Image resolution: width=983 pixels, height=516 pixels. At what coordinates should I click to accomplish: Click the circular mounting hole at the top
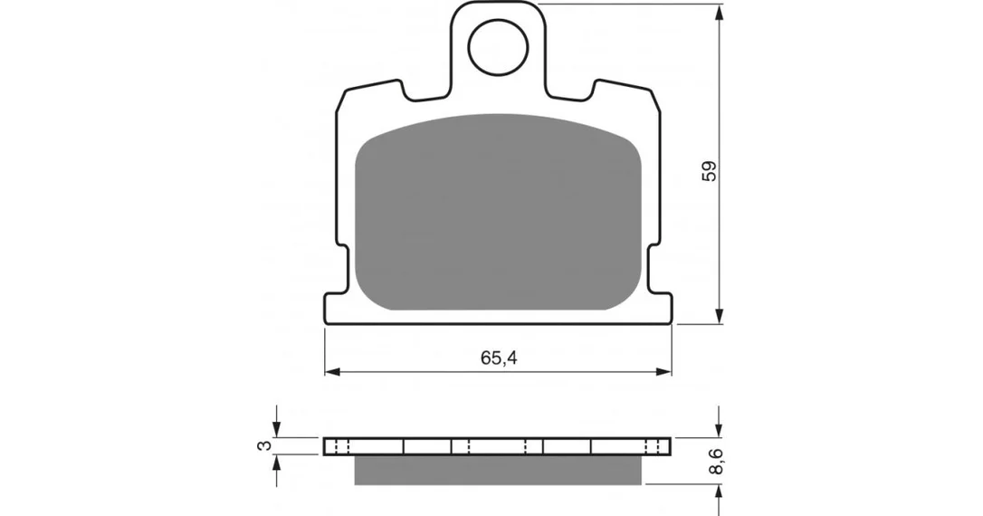coord(499,48)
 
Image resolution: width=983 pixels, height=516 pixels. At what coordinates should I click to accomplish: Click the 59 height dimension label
coord(709,171)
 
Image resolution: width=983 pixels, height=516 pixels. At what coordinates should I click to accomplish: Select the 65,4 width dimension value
coord(499,358)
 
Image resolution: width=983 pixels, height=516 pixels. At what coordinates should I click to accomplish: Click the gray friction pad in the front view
coord(499,212)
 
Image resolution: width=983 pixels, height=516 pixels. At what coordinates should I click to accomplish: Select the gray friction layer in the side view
coord(499,470)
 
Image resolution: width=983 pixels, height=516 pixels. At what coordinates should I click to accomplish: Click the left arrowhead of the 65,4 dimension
coord(332,372)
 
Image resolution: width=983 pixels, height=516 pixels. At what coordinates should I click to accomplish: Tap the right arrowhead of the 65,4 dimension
coord(663,372)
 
